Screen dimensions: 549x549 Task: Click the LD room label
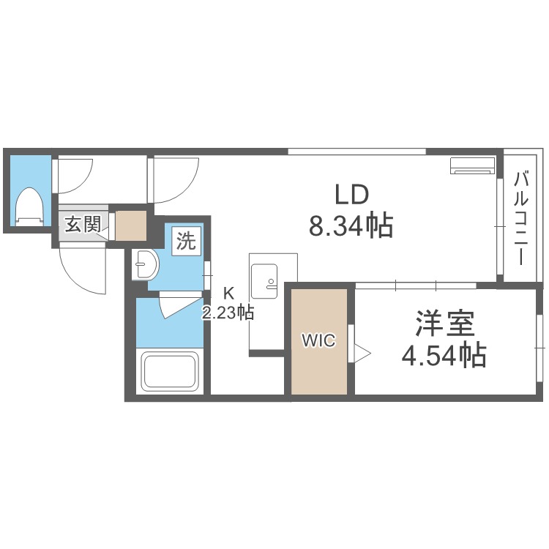[x=352, y=195]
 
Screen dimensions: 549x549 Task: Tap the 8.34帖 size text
[x=351, y=226]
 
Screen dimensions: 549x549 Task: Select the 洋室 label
[x=444, y=323]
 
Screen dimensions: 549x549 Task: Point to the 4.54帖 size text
[x=444, y=355]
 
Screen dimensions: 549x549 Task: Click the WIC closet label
[x=319, y=340]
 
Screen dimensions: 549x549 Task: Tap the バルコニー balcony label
[x=520, y=218]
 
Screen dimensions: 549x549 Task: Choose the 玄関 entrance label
[x=83, y=224]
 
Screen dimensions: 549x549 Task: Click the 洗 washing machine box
[x=186, y=242]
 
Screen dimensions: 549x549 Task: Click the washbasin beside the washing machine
[x=146, y=265]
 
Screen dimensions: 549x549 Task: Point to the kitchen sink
[x=264, y=282]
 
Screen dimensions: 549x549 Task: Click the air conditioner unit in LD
[x=472, y=165]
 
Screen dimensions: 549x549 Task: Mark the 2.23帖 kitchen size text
[x=228, y=313]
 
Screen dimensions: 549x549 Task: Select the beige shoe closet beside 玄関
[x=130, y=225]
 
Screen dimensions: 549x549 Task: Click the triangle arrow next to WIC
[x=362, y=353]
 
